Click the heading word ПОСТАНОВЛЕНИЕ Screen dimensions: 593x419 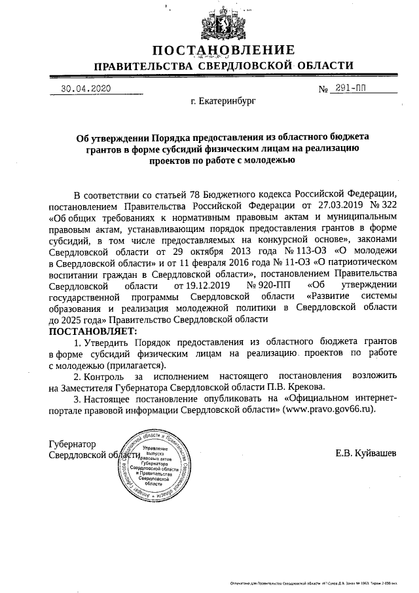[x=223, y=51]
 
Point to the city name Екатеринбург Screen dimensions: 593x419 [x=223, y=102]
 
